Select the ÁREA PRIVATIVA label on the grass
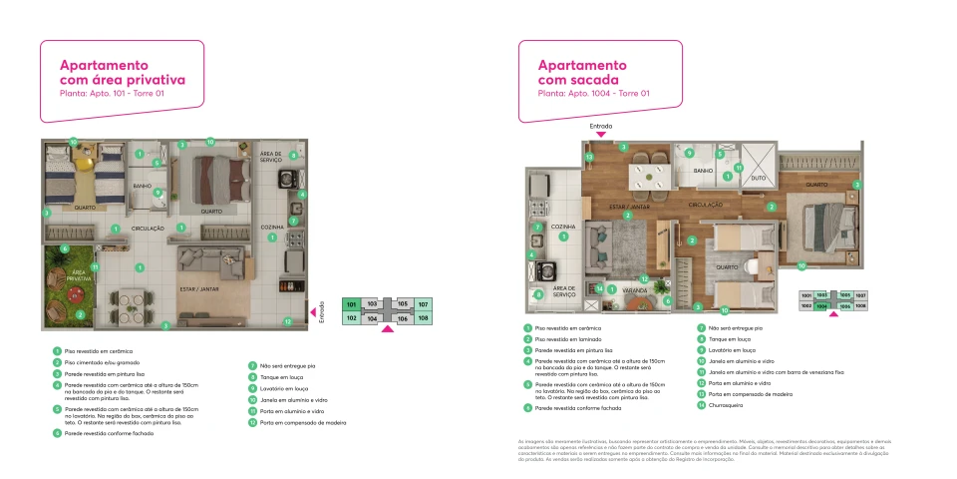79,276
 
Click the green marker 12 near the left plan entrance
287,321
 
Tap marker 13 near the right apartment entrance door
589,157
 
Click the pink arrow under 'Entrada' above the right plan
600,135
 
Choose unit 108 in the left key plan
424,318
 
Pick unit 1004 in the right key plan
822,306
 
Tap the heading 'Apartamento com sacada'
582,72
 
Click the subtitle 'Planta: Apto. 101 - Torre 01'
112,93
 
